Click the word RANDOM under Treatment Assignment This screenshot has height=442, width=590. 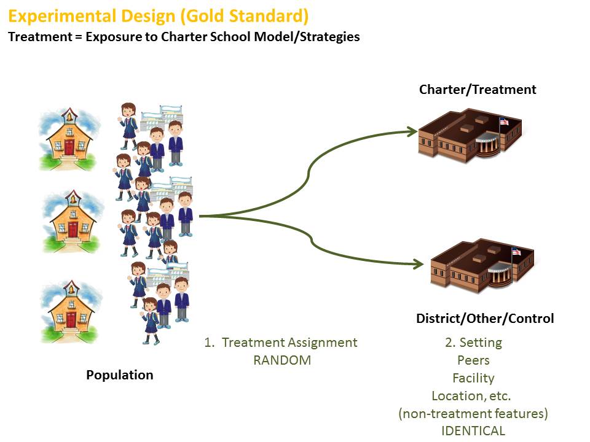pos(282,360)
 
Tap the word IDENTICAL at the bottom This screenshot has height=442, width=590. pos(473,431)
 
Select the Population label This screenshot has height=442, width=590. pos(120,375)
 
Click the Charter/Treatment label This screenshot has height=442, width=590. pos(478,90)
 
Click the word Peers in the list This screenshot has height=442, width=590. pos(473,360)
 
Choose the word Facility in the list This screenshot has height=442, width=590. pos(473,378)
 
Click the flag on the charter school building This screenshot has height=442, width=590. pos(505,121)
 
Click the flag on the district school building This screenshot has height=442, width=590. pos(516,251)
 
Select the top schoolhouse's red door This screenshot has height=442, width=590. pos(69,147)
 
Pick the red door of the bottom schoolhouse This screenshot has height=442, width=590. pos(71,319)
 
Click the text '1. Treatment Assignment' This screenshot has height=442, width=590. pos(281,343)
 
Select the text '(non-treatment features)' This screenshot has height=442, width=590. pos(473,414)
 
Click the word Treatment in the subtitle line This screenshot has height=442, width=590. pos(34,36)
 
